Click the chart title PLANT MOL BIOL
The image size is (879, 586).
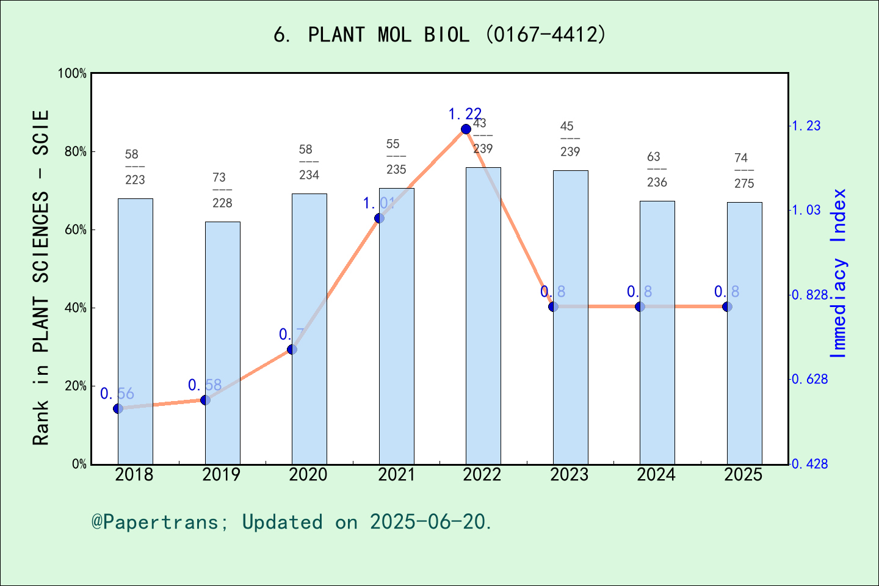point(440,35)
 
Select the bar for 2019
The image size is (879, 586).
point(222,342)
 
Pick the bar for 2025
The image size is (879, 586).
point(744,333)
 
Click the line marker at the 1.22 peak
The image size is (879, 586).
point(466,129)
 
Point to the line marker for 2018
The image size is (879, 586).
point(118,408)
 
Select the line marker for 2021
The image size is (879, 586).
point(379,218)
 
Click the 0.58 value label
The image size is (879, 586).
point(204,385)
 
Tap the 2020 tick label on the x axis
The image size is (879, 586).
point(308,475)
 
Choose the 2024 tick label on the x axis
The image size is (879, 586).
point(656,475)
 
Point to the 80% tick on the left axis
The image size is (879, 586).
point(76,152)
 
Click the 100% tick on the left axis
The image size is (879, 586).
point(73,73)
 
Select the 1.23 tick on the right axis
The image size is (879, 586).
point(806,126)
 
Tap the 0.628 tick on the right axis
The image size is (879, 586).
point(809,379)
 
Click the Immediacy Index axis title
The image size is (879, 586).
point(839,273)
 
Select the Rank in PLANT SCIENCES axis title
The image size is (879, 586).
point(40,278)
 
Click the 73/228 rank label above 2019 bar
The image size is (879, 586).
point(222,190)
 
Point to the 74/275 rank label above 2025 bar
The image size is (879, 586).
point(743,170)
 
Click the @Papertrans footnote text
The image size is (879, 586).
point(292,522)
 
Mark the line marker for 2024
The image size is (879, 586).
point(640,306)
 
